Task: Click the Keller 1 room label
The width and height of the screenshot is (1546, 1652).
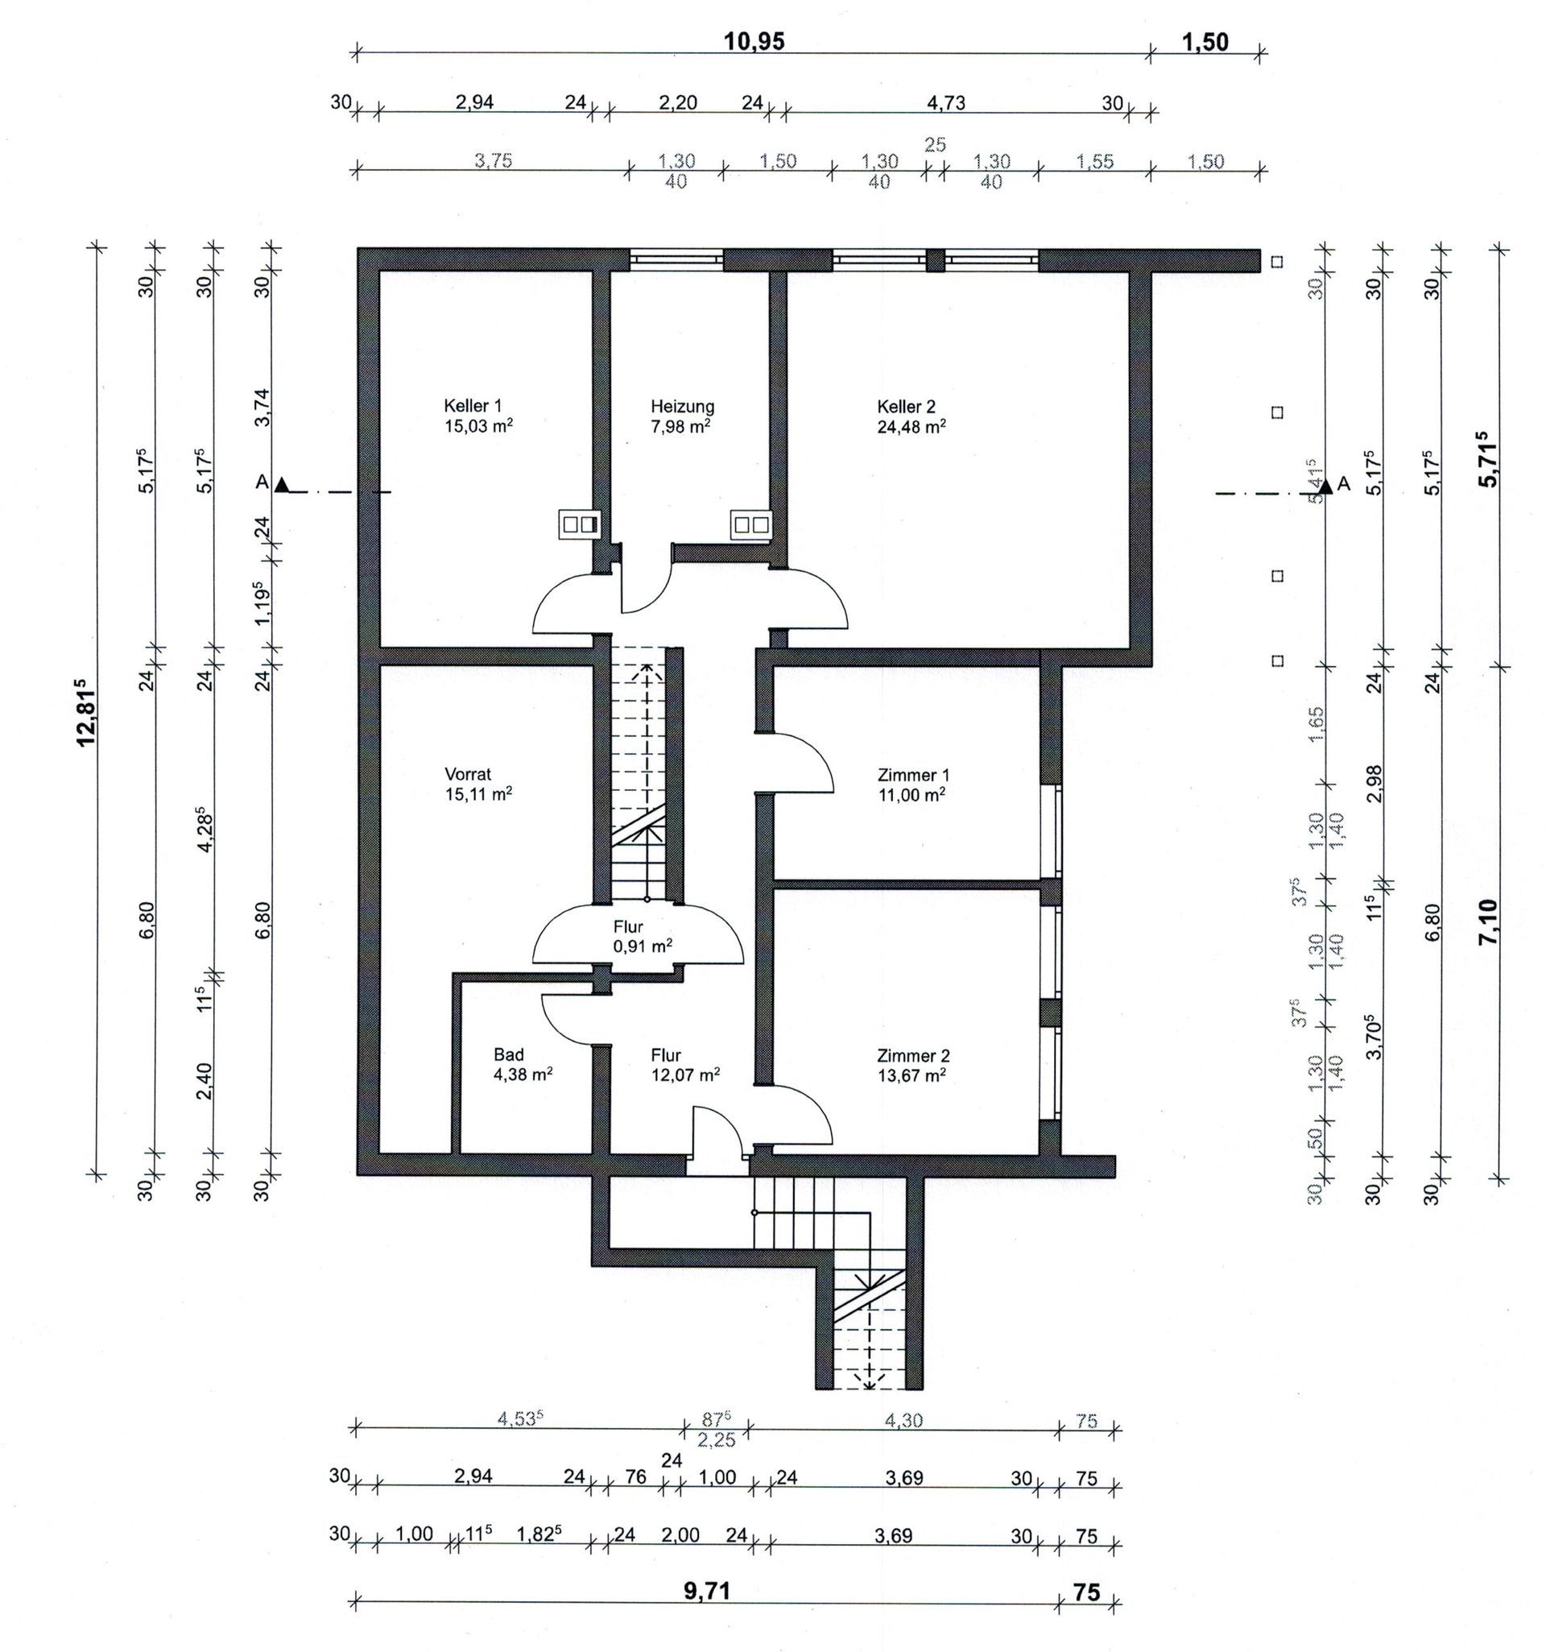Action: (x=473, y=406)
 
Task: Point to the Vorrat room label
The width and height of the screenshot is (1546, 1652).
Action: (x=468, y=775)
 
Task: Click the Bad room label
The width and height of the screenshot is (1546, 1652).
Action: (x=508, y=1054)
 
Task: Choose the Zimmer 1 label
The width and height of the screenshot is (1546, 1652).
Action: (x=913, y=776)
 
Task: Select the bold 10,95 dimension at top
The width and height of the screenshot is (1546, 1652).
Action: (x=754, y=42)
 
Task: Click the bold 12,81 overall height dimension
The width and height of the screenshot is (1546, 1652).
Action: (x=86, y=712)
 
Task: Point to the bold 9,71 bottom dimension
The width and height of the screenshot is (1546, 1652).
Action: (x=707, y=1592)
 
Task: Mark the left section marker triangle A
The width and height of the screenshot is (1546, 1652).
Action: (x=283, y=484)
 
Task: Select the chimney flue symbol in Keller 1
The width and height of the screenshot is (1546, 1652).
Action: (x=579, y=524)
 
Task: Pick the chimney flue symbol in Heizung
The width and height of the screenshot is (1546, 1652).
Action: (x=751, y=524)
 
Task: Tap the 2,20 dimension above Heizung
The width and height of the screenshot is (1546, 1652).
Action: (x=678, y=103)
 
